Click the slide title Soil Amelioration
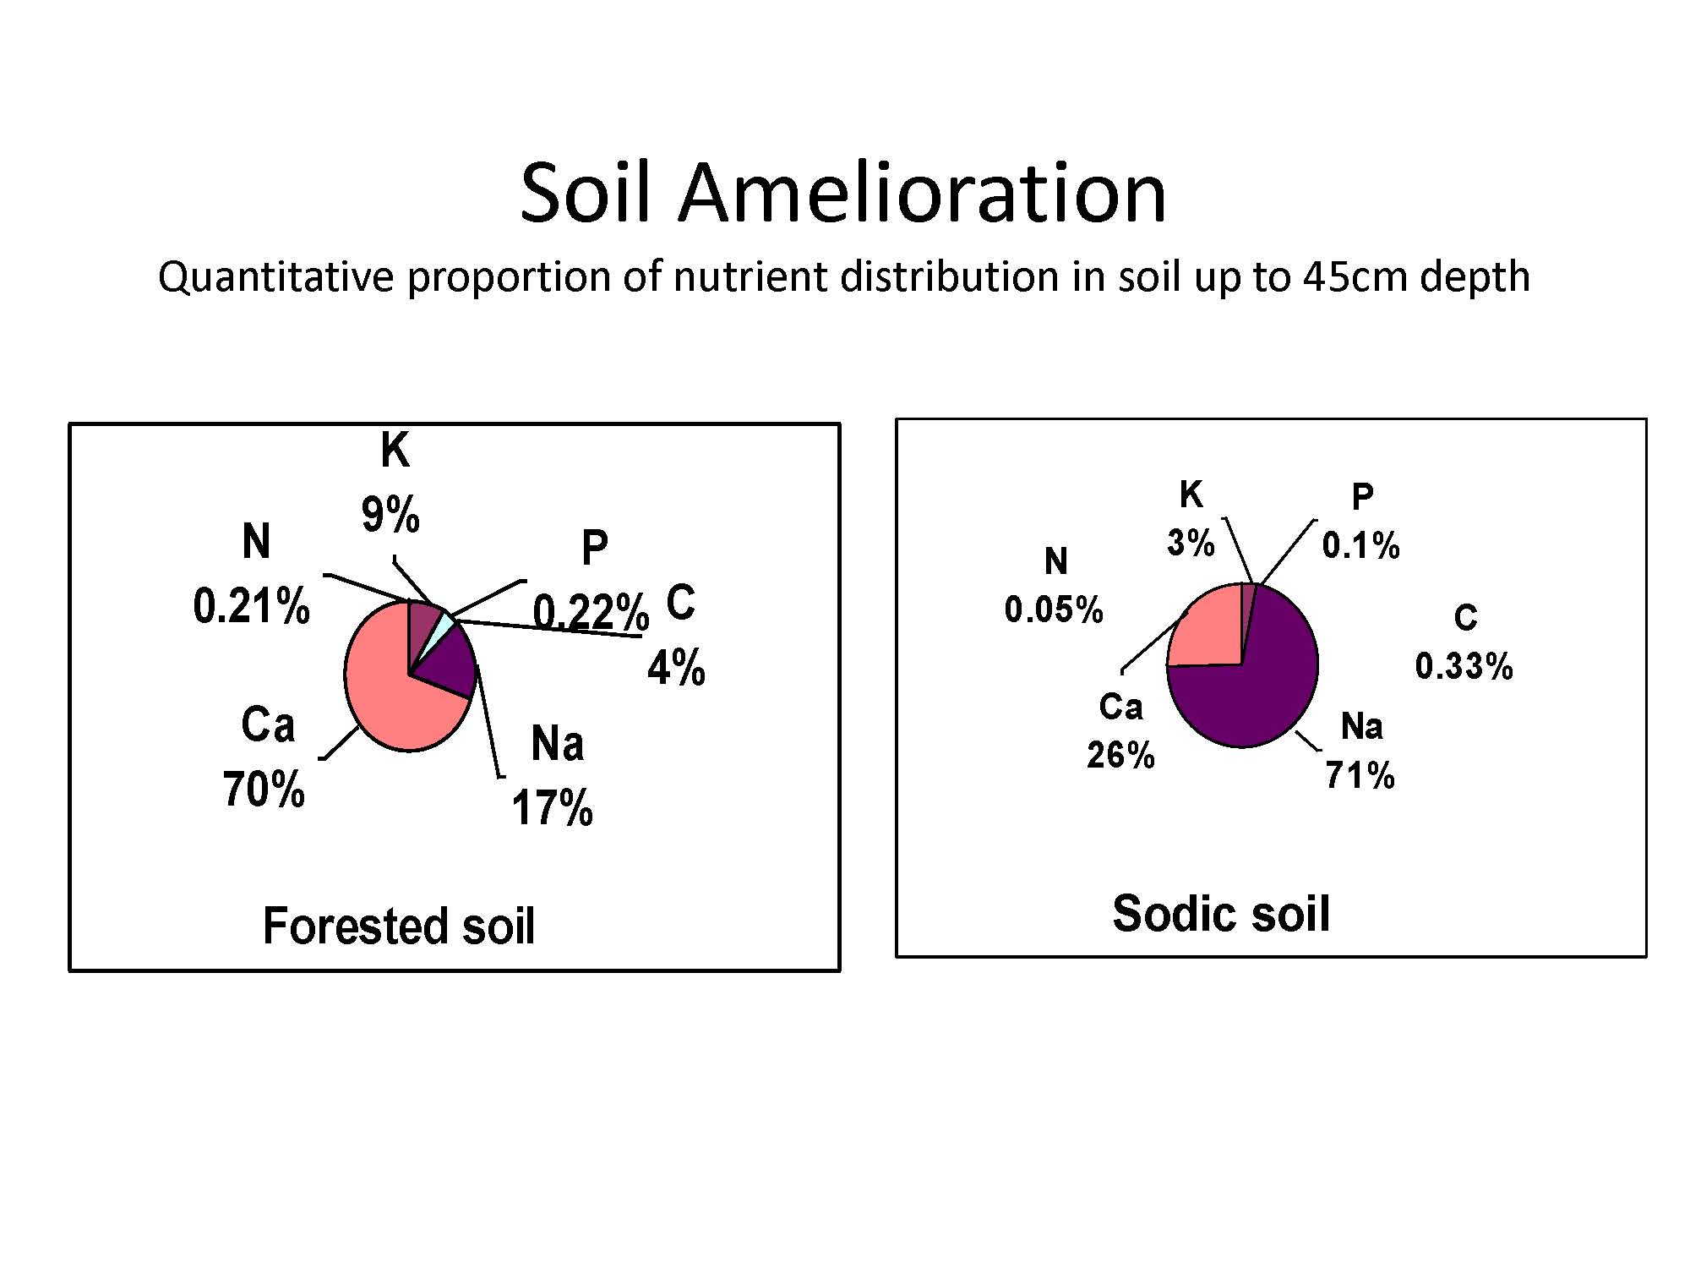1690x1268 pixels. (842, 194)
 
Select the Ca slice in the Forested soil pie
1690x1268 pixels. (389, 702)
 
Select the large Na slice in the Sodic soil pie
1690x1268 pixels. (1251, 685)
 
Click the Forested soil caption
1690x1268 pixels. (399, 926)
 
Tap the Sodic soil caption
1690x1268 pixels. (1221, 914)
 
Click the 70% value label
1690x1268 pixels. (264, 790)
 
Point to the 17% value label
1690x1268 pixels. (553, 807)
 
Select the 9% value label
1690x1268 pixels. (390, 514)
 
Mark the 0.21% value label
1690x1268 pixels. (252, 606)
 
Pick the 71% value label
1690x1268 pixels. (1360, 774)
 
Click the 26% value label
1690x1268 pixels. (1120, 755)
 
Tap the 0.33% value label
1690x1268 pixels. (1464, 666)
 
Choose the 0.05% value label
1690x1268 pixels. (1054, 609)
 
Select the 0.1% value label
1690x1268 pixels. (1360, 545)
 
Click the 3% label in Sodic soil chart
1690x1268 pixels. (1191, 543)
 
